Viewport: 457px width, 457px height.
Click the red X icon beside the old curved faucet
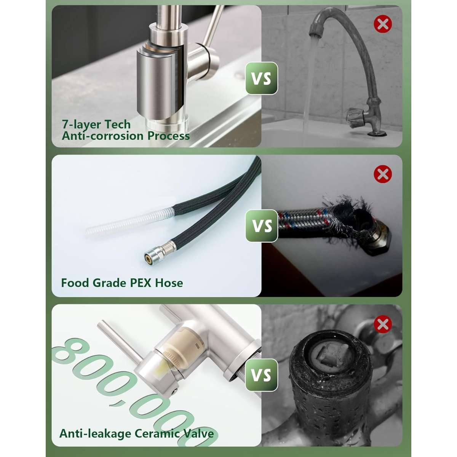pos(382,24)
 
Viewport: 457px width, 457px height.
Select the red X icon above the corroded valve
pos(382,324)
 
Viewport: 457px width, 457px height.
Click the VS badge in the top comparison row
pos(261,78)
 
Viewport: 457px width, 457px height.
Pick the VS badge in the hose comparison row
pos(261,226)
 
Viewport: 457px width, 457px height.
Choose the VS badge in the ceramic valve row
pos(261,375)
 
